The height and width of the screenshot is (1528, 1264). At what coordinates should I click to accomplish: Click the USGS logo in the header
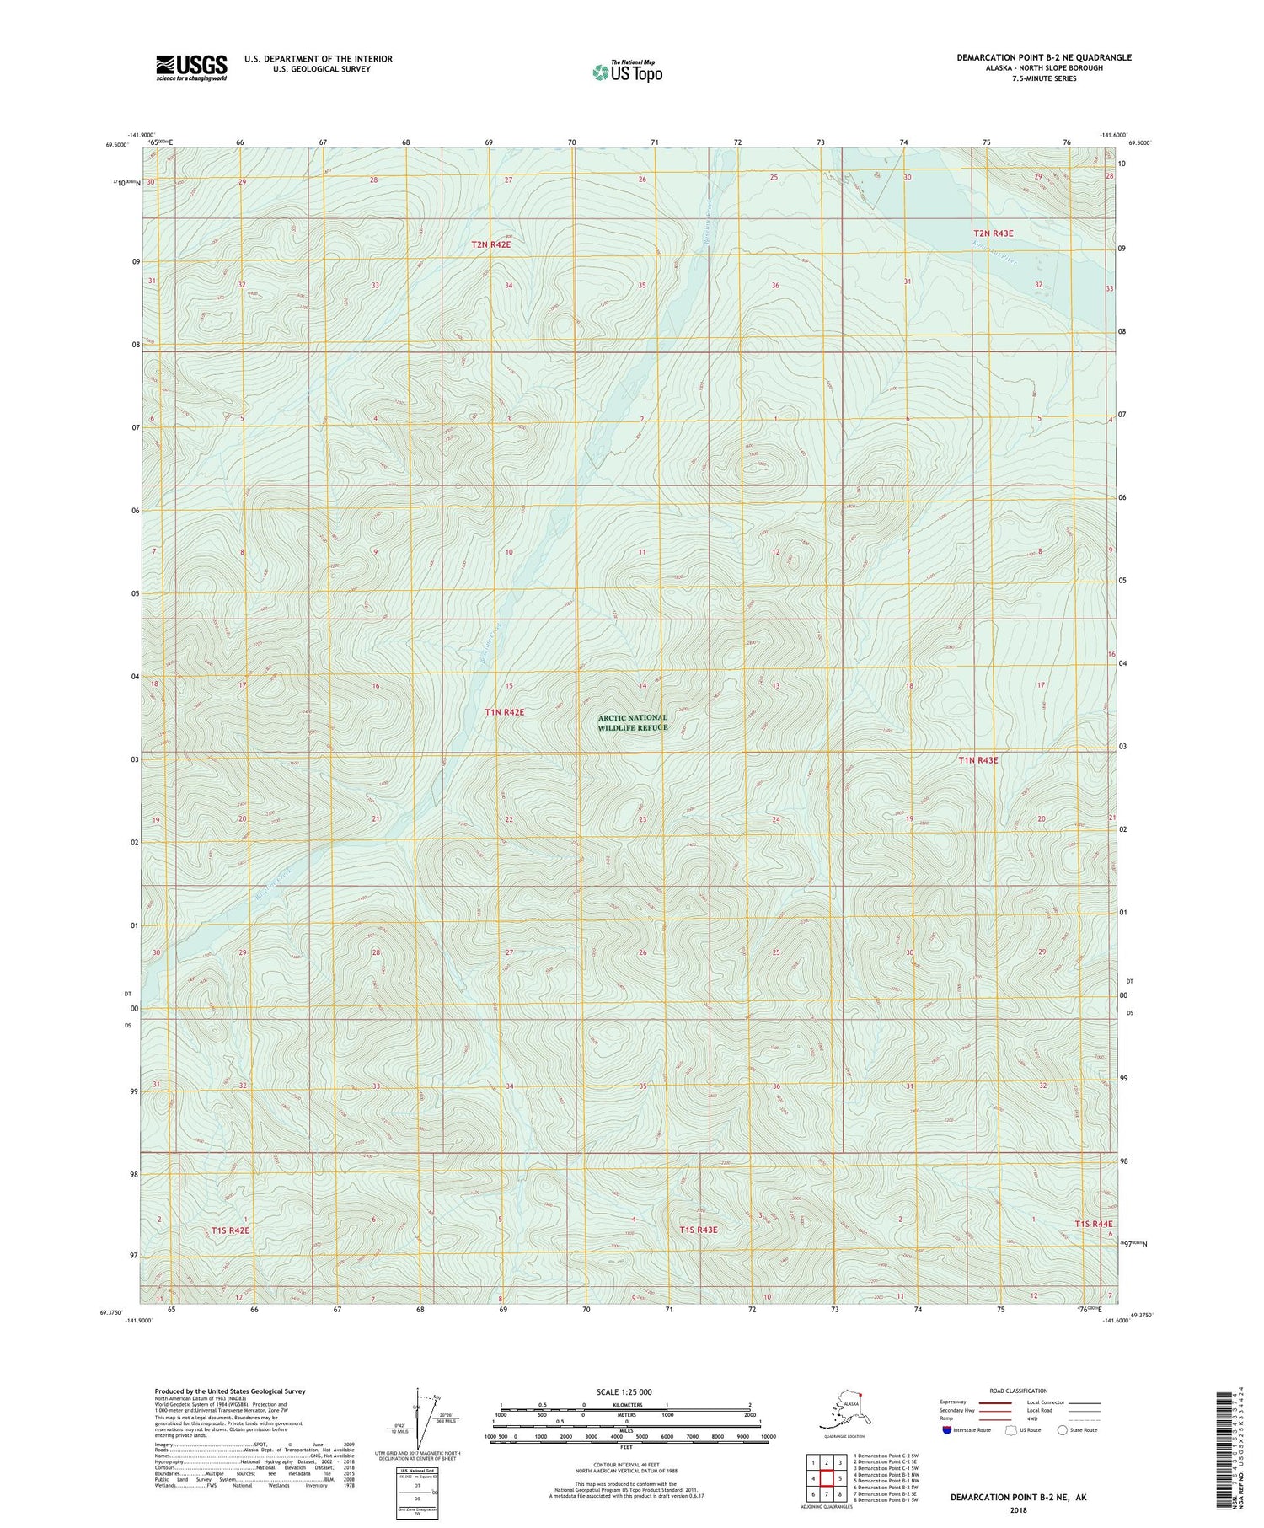(x=191, y=67)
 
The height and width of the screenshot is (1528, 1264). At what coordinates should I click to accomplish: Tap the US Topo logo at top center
(x=628, y=72)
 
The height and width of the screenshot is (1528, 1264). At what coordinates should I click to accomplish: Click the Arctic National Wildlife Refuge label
(x=632, y=722)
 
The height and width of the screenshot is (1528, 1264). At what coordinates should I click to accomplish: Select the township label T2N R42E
(x=490, y=244)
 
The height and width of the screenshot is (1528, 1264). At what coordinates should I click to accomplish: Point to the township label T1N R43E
(x=977, y=760)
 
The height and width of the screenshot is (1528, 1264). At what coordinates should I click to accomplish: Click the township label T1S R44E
(x=1093, y=1223)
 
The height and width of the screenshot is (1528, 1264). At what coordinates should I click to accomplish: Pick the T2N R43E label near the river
(x=993, y=233)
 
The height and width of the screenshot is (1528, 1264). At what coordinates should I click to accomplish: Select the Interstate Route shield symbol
(x=947, y=1430)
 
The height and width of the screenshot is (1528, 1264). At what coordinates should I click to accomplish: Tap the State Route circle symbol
(x=1062, y=1430)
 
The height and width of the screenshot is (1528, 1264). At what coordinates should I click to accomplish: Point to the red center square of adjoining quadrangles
(x=827, y=1478)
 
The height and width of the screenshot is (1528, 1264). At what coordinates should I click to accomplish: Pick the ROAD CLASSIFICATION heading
(x=1018, y=1391)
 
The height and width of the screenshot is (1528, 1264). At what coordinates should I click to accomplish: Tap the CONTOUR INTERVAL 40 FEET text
(x=625, y=1465)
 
